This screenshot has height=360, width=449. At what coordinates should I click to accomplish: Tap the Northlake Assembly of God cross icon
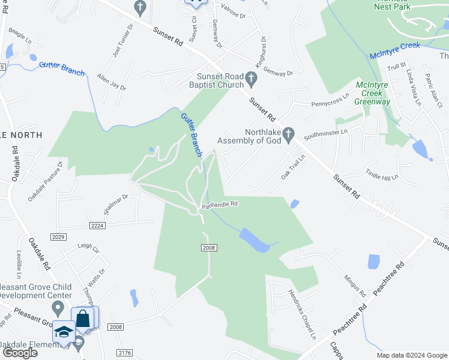point(289,134)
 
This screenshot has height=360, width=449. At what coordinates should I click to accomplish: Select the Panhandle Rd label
point(220,205)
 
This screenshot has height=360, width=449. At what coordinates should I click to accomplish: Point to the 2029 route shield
point(58,237)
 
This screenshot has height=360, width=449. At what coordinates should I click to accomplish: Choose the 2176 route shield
point(125,352)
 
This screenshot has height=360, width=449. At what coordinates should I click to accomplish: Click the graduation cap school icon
point(64,332)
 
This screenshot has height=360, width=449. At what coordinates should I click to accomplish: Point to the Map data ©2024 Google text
point(412,355)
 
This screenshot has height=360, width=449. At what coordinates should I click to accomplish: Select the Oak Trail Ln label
point(294,166)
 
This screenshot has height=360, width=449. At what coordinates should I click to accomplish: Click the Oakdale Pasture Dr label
point(44,181)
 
